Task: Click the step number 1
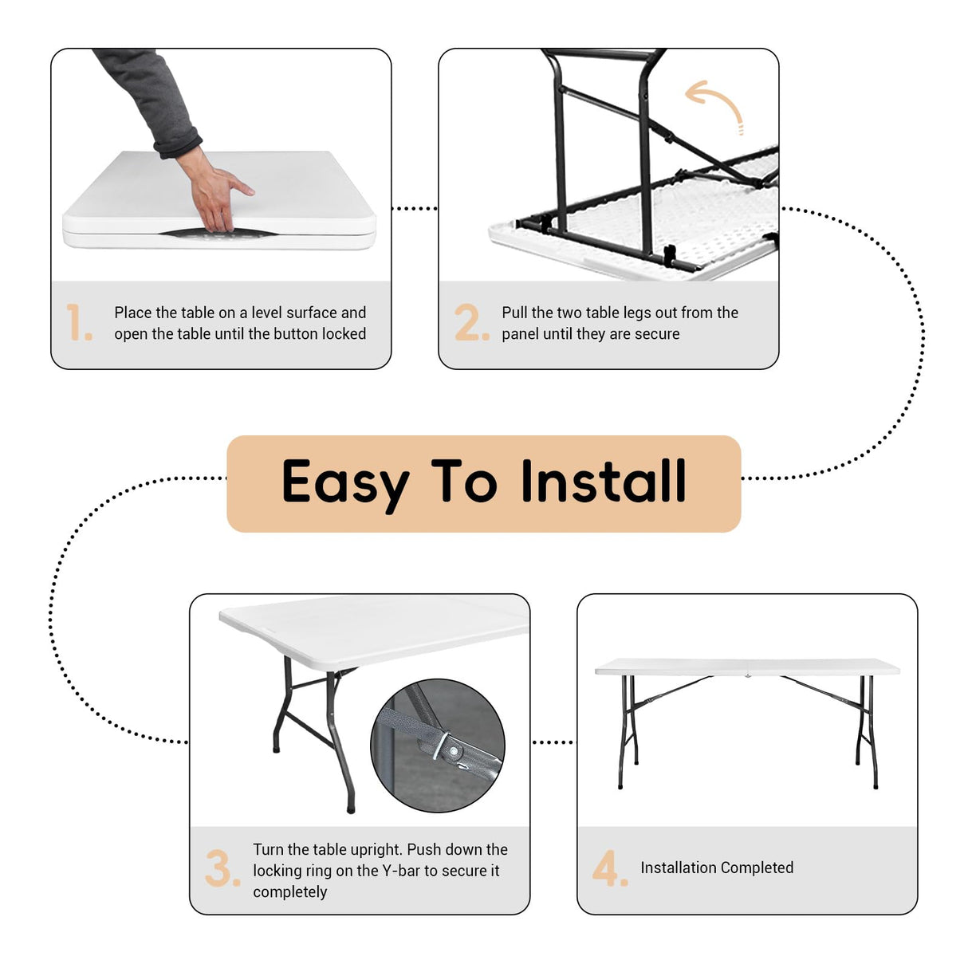click(x=79, y=322)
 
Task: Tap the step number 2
click(x=472, y=322)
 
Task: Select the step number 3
click(x=222, y=868)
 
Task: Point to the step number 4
click(x=610, y=868)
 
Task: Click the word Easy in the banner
click(x=345, y=482)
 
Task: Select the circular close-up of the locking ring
click(x=438, y=746)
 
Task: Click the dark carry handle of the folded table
click(x=218, y=233)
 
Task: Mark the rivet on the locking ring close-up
click(x=454, y=751)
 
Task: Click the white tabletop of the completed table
click(x=747, y=667)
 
